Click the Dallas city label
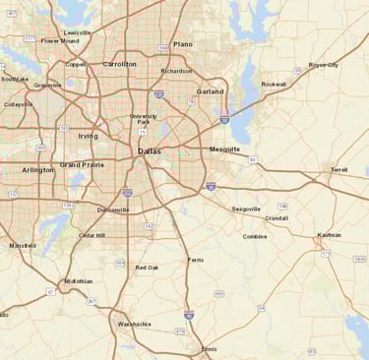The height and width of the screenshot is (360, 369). [150, 150]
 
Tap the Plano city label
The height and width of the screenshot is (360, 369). [183, 44]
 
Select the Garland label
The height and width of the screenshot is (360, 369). [210, 90]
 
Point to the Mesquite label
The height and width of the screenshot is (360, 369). [224, 149]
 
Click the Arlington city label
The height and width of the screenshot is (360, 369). [38, 170]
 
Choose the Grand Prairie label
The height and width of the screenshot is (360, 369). [82, 164]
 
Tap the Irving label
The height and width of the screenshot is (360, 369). [89, 136]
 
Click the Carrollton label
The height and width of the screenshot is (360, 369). [120, 64]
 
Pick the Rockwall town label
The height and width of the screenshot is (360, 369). [274, 85]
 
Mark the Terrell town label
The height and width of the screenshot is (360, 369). [339, 169]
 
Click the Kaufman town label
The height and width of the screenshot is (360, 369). [329, 235]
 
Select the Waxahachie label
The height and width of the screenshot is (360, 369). [135, 324]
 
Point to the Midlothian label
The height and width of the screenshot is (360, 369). [79, 280]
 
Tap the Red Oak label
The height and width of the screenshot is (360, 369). [147, 268]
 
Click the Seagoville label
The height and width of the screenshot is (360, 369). [246, 209]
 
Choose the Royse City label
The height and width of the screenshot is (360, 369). [324, 64]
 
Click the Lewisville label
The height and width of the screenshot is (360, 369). [77, 32]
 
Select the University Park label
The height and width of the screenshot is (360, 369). [144, 119]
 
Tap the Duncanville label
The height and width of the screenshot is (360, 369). [113, 210]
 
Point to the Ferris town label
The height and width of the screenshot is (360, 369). [195, 260]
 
